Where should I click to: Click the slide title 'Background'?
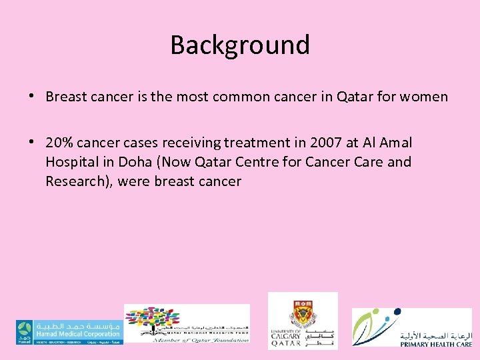pos(240,45)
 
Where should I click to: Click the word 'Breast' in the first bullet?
pos(65,97)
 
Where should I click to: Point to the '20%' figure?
pos(59,143)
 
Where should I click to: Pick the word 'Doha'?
pos(132,162)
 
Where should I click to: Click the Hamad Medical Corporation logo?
pos(68,331)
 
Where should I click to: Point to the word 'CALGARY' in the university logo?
pos(285,337)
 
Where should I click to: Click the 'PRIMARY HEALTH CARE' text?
pos(437,344)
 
